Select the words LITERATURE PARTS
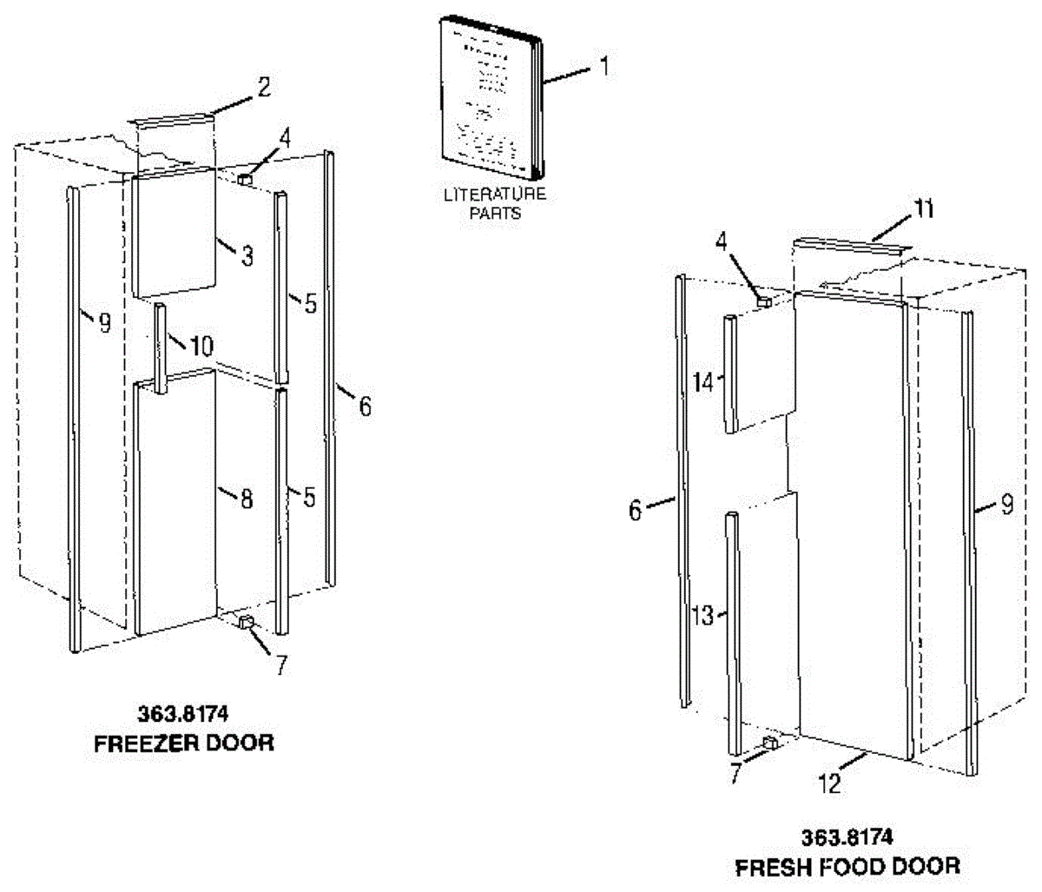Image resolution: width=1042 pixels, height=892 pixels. [x=494, y=203]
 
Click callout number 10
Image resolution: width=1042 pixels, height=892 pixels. [x=201, y=347]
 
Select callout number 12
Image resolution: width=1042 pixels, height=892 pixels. [x=830, y=783]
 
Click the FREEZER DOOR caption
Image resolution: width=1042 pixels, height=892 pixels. [x=183, y=743]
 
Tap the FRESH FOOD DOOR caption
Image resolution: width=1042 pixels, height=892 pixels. [x=847, y=866]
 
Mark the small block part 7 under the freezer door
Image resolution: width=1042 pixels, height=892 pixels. [x=247, y=622]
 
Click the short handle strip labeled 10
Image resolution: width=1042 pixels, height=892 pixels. [x=161, y=347]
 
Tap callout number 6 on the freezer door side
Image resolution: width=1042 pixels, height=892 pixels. [x=365, y=405]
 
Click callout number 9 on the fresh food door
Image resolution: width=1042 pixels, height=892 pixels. [x=1006, y=505]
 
